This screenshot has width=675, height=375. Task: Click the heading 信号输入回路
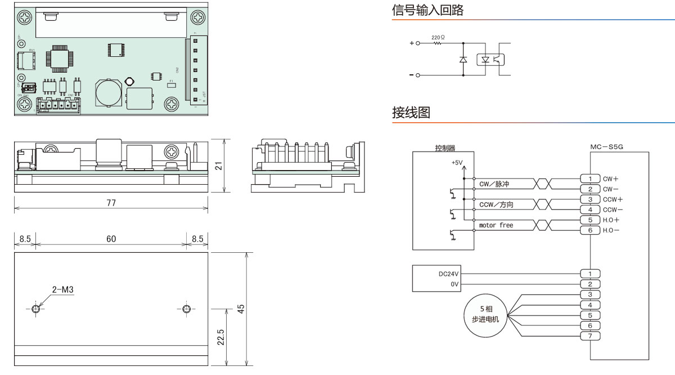click(x=427, y=10)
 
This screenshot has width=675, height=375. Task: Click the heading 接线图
click(x=411, y=113)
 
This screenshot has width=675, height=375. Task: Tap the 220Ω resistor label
click(x=438, y=37)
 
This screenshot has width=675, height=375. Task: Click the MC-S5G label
click(x=607, y=147)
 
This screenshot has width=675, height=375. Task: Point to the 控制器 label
click(x=445, y=148)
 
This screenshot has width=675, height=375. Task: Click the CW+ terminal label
click(x=610, y=179)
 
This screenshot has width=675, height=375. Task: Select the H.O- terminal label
click(x=611, y=230)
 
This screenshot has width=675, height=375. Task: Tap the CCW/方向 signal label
click(x=496, y=205)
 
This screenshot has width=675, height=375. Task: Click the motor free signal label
click(x=496, y=225)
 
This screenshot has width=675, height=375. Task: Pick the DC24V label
click(x=449, y=274)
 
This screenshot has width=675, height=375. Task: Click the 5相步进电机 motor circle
click(x=485, y=314)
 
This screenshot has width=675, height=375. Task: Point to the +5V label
click(x=456, y=163)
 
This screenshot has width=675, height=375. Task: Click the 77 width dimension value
click(x=111, y=203)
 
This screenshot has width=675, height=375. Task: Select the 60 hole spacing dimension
click(x=111, y=239)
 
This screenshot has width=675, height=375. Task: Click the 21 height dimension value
click(x=219, y=166)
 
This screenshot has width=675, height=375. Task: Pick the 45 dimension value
click(x=241, y=309)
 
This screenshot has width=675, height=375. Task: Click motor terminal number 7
click(x=590, y=336)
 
